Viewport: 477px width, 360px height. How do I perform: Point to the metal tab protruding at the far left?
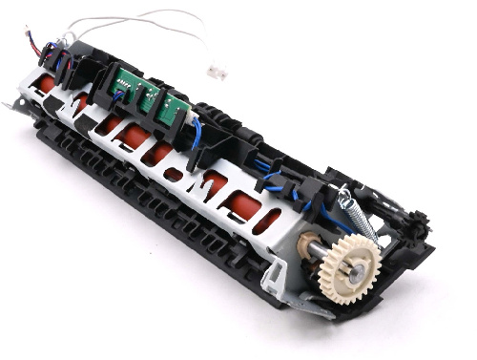(10, 104)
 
